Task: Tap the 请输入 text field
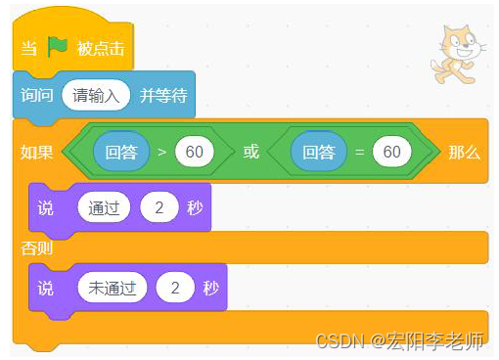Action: click(96, 96)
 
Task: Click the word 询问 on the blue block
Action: click(37, 96)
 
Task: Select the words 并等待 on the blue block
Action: click(161, 96)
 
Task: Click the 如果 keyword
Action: click(36, 153)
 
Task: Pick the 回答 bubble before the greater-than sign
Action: click(120, 153)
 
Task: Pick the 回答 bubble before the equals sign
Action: click(319, 153)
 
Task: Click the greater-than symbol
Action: click(161, 154)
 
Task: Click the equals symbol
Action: click(359, 154)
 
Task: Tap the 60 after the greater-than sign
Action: click(194, 153)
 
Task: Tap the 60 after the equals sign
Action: click(391, 153)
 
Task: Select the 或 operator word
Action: click(250, 153)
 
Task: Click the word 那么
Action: click(465, 153)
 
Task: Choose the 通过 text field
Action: click(104, 207)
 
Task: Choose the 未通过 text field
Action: click(112, 288)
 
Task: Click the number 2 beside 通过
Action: click(160, 207)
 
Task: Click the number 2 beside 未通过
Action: click(175, 288)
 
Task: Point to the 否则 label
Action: click(37, 248)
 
